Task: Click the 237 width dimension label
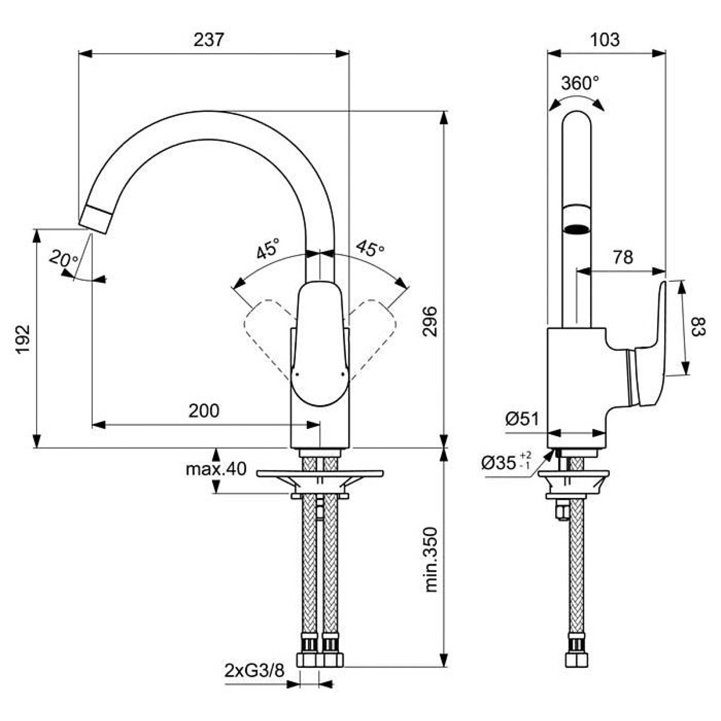(209, 40)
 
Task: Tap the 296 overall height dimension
(430, 321)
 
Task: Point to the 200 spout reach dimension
(204, 411)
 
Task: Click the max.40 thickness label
(216, 469)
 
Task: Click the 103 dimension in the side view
(605, 40)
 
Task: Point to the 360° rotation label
(580, 83)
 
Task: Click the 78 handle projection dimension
(623, 257)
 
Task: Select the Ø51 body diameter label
(522, 419)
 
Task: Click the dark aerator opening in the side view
(577, 229)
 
